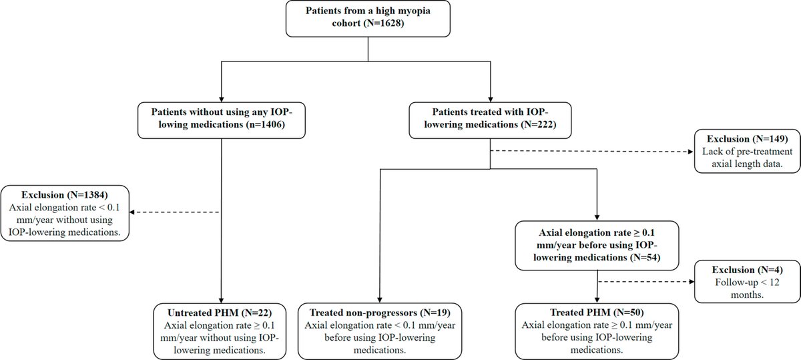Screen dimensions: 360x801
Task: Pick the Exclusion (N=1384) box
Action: tap(65, 212)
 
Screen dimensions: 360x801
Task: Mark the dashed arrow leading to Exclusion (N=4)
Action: tap(644, 281)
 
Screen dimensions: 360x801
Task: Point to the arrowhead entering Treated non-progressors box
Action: tap(379, 301)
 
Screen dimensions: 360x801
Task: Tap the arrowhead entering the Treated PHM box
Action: tap(595, 301)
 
